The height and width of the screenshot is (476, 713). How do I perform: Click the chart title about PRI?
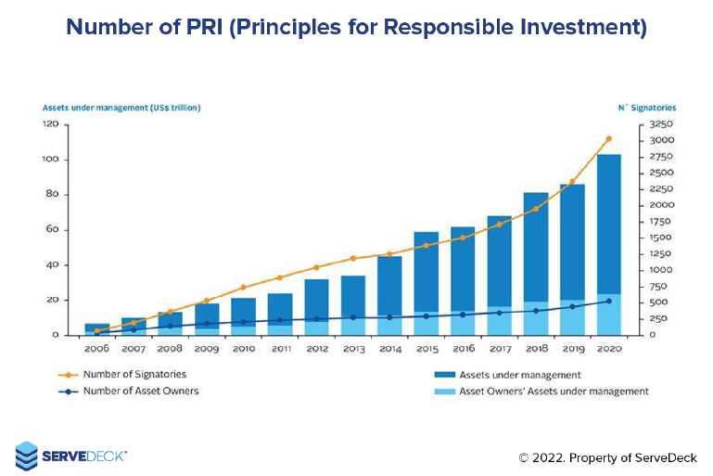(356, 27)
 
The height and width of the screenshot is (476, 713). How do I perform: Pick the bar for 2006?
(96, 328)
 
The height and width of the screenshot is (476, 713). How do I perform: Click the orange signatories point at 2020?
(608, 139)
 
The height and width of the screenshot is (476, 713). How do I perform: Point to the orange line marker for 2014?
(389, 253)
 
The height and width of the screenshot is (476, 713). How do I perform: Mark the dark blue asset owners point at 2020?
(608, 301)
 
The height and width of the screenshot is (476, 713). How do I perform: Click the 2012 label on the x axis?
(316, 349)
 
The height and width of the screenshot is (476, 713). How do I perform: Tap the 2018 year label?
(535, 349)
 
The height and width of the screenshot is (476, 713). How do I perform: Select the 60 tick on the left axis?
(53, 229)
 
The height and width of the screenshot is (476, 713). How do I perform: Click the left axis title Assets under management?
(121, 108)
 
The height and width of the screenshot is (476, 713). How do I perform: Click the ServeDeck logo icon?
(27, 455)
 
